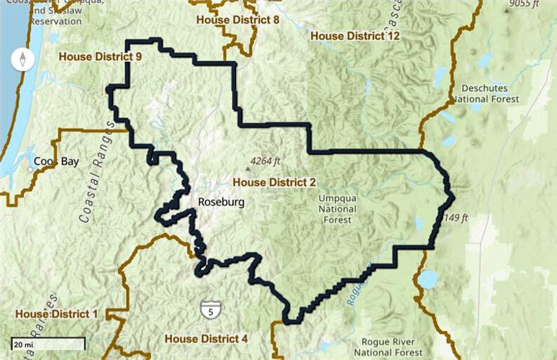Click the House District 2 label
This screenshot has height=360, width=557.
[274, 182]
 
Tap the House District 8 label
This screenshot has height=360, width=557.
[237, 19]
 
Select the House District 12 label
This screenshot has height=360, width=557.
[355, 35]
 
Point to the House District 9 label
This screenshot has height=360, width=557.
[100, 55]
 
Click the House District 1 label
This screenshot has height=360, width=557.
[55, 314]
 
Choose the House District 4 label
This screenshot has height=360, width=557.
[206, 338]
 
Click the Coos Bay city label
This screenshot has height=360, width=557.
[55, 161]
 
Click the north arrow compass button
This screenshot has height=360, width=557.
[23, 60]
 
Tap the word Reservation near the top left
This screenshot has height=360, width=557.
[55, 21]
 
